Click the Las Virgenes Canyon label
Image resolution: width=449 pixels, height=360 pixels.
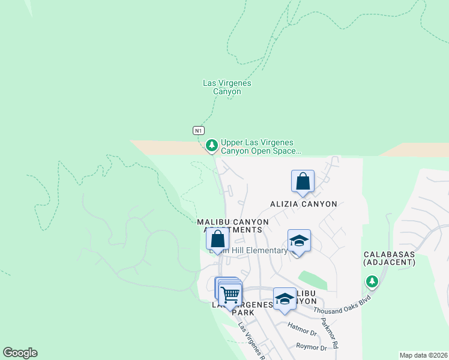[227, 88]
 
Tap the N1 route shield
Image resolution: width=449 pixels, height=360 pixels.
[199, 130]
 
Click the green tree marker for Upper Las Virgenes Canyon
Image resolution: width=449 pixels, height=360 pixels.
[211, 145]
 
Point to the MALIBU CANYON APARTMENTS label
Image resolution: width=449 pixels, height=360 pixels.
[234, 226]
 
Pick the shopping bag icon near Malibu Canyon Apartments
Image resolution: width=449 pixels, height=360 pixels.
[217, 239]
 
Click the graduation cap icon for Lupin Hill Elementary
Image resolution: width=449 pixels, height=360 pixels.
[299, 241]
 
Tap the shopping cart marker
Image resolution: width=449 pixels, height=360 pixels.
[230, 294]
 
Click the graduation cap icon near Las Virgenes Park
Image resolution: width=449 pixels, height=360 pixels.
[284, 299]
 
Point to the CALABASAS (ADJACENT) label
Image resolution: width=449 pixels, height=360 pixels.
[390, 259]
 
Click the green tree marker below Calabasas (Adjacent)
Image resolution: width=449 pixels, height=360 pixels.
[372, 281]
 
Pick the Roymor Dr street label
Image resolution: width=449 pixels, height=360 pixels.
[312, 347]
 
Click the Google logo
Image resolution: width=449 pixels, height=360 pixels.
[20, 353]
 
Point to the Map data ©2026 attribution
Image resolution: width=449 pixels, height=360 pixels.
[423, 355]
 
